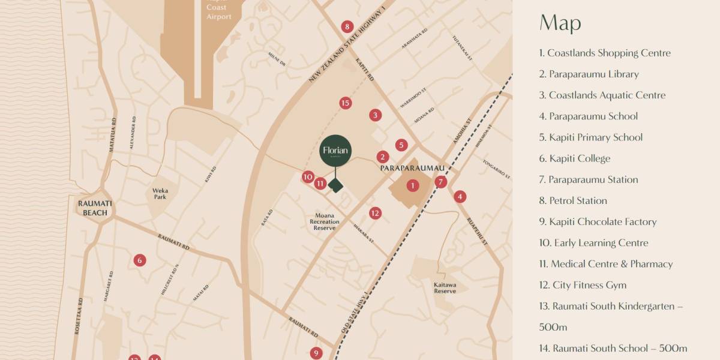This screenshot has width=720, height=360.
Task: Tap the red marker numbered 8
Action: (x=347, y=26)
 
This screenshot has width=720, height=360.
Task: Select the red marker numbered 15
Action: (x=344, y=103)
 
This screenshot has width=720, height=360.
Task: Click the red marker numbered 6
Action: (x=140, y=260)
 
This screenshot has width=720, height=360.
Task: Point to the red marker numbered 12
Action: (x=375, y=213)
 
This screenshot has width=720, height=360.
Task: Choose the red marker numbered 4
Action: (x=460, y=196)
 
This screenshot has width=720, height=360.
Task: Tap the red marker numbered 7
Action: (x=441, y=182)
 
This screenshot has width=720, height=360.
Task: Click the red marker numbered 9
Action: (x=316, y=353)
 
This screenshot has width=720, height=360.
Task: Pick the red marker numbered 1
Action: (x=412, y=185)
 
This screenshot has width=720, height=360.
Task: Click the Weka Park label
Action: (x=160, y=194)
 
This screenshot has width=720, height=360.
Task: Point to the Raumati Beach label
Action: (x=95, y=208)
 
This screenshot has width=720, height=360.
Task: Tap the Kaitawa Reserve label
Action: (x=445, y=288)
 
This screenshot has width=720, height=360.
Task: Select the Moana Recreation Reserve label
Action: (x=325, y=221)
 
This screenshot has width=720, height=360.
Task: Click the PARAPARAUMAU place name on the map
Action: (x=413, y=169)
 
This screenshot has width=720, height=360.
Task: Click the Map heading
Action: (x=560, y=23)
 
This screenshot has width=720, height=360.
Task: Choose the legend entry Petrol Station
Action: (x=573, y=200)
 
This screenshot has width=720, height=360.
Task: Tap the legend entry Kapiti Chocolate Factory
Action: (x=598, y=221)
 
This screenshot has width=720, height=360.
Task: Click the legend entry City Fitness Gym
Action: (x=583, y=285)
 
